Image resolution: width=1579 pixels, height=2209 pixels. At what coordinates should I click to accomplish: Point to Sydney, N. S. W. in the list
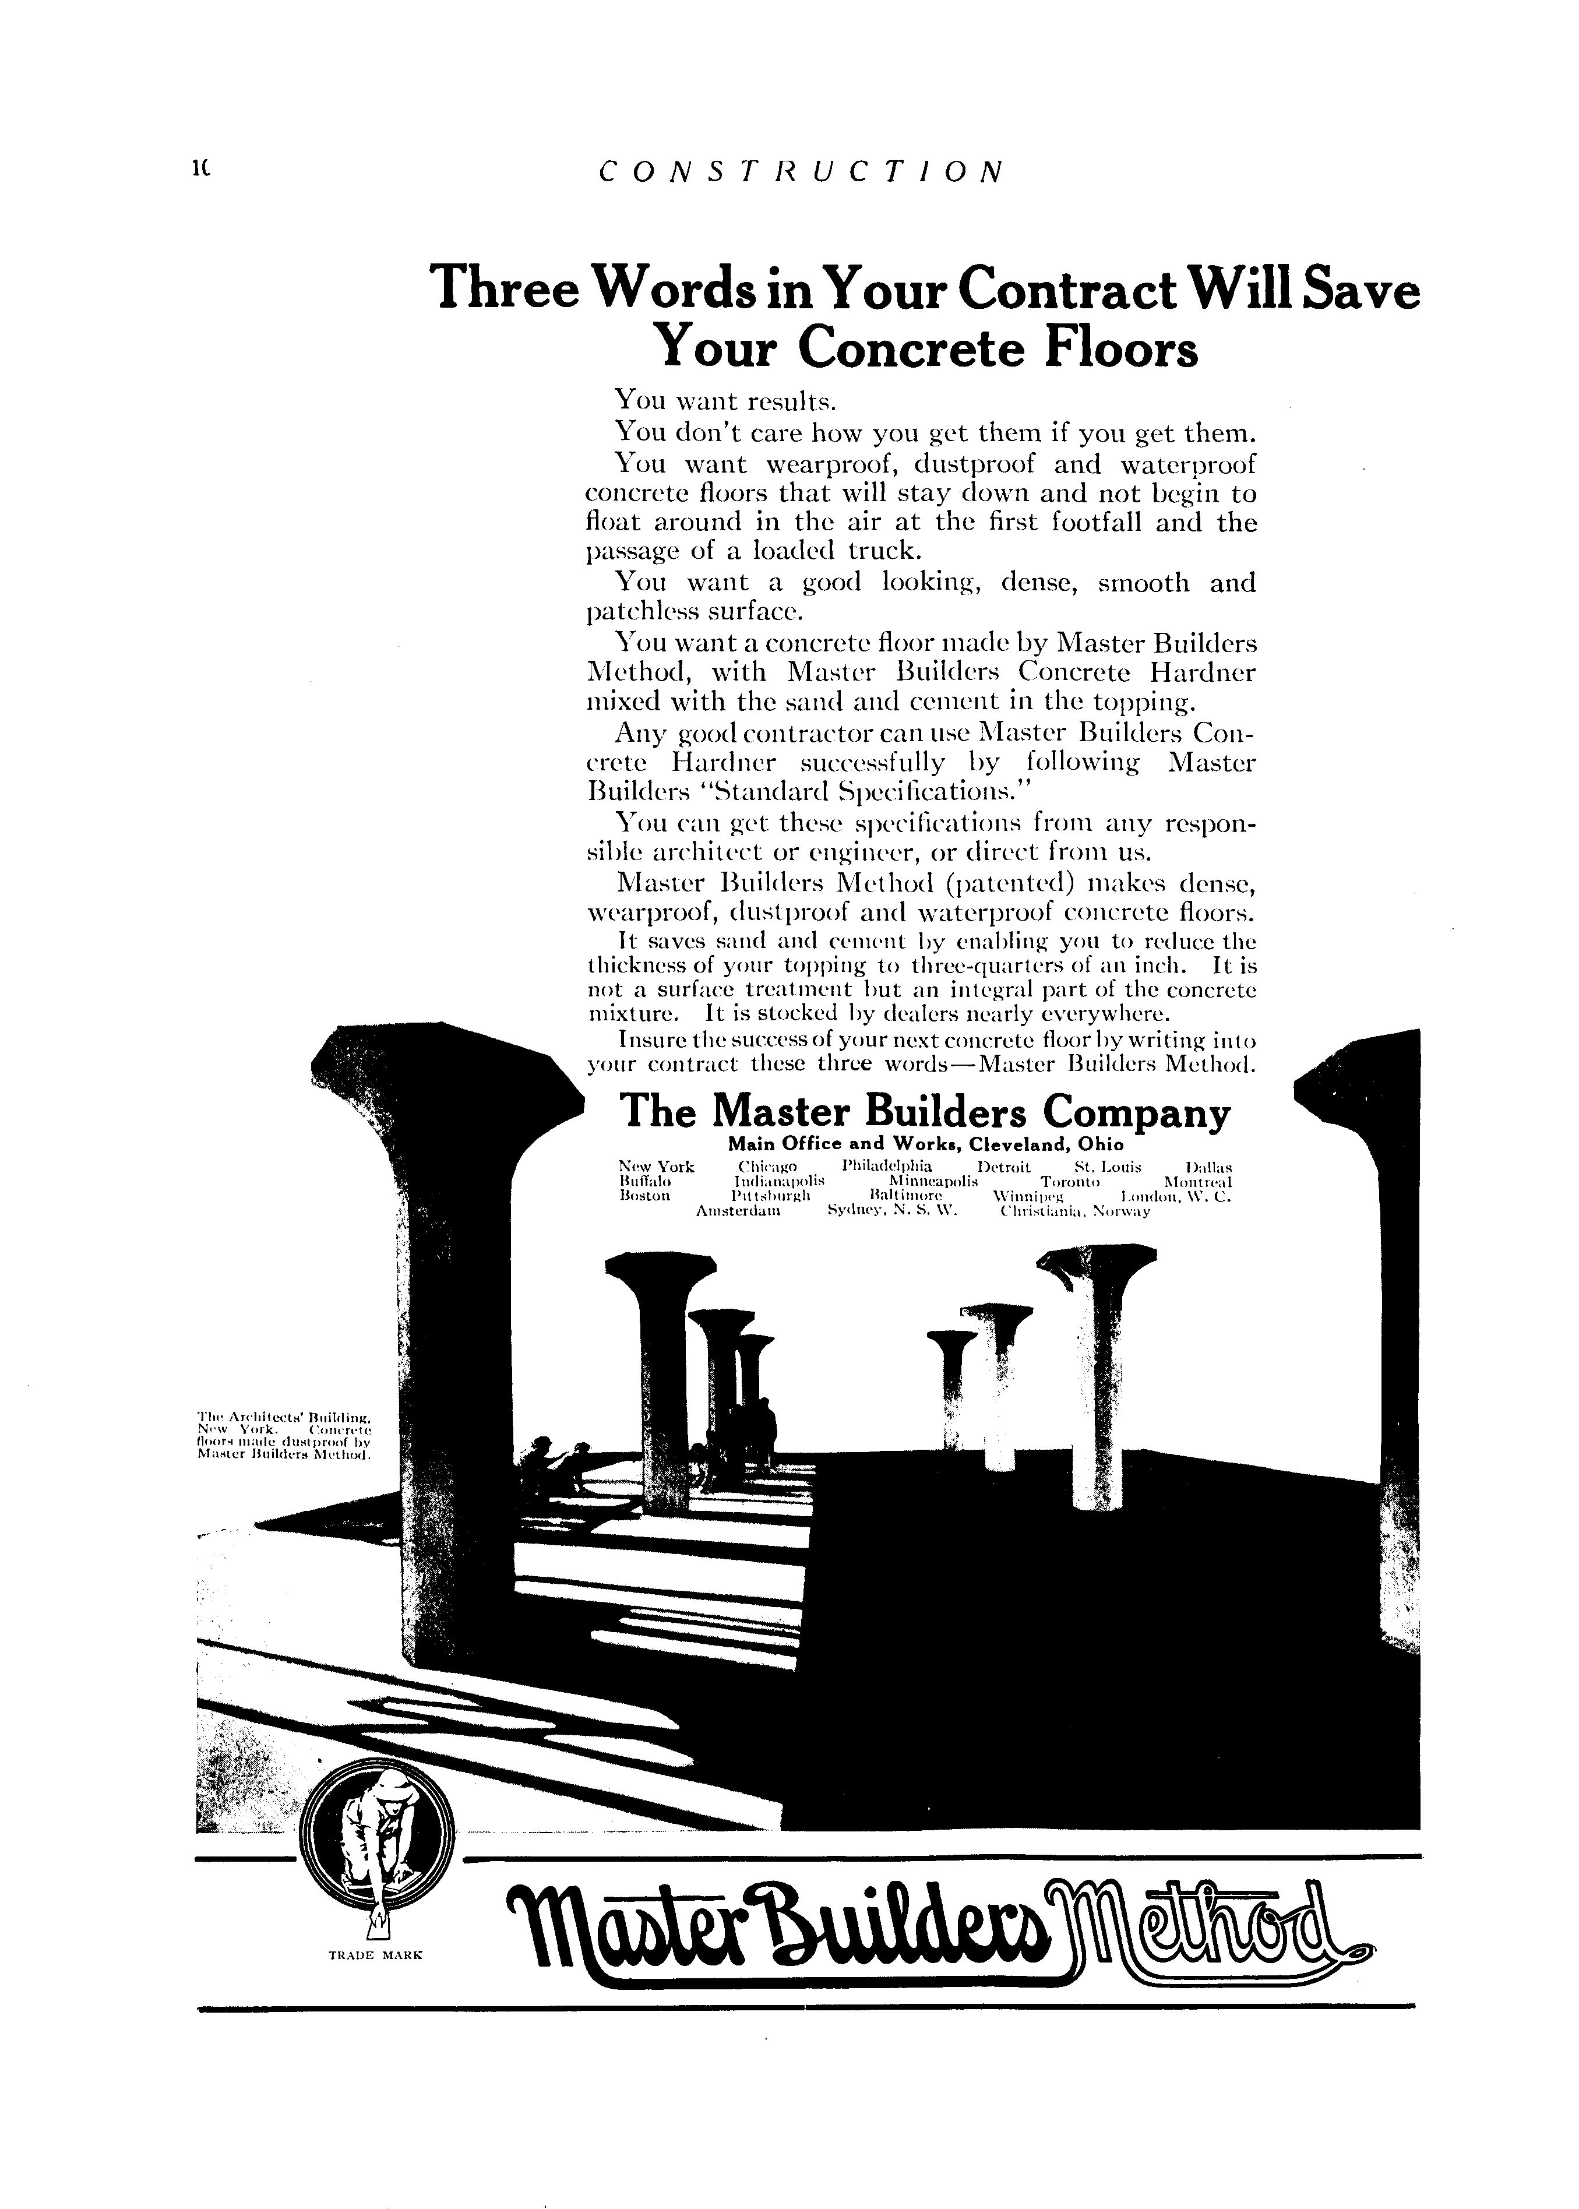click(x=891, y=1213)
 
